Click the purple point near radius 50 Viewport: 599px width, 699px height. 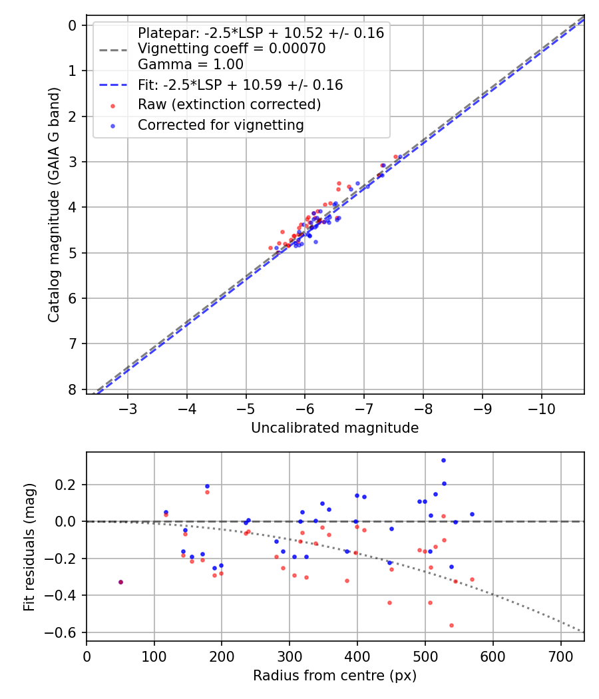(x=120, y=582)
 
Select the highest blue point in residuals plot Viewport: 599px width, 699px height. (x=443, y=460)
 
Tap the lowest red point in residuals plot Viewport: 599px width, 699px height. (x=451, y=625)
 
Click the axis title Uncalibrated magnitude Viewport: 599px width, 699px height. (x=335, y=428)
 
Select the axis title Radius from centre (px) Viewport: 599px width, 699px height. (x=335, y=676)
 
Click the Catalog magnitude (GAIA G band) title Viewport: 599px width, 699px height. (x=54, y=205)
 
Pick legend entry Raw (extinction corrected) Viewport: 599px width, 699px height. (x=229, y=105)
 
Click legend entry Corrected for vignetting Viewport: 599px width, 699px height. (x=220, y=124)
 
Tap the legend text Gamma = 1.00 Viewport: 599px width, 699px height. (x=190, y=64)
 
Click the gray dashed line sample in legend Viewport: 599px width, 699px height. (x=113, y=49)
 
